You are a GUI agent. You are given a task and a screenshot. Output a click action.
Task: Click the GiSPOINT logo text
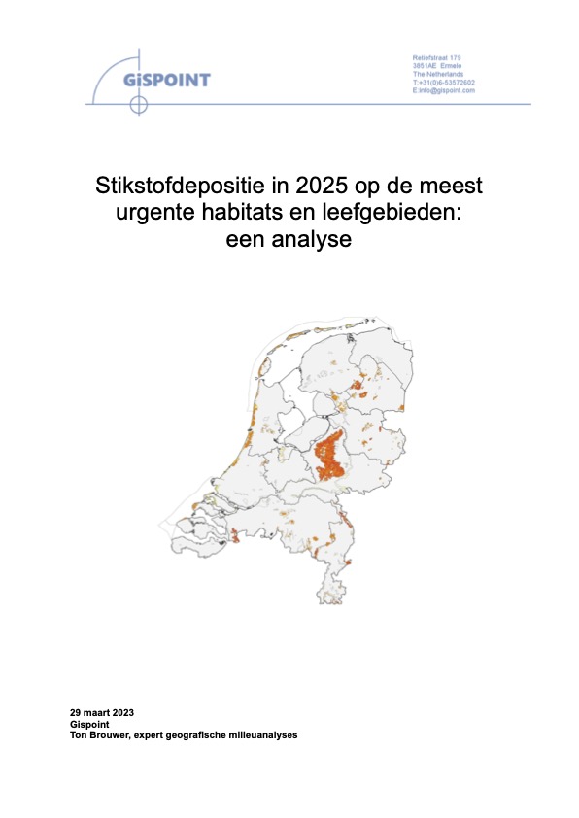point(167,79)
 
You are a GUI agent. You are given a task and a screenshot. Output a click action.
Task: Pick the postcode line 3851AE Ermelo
point(436,66)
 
